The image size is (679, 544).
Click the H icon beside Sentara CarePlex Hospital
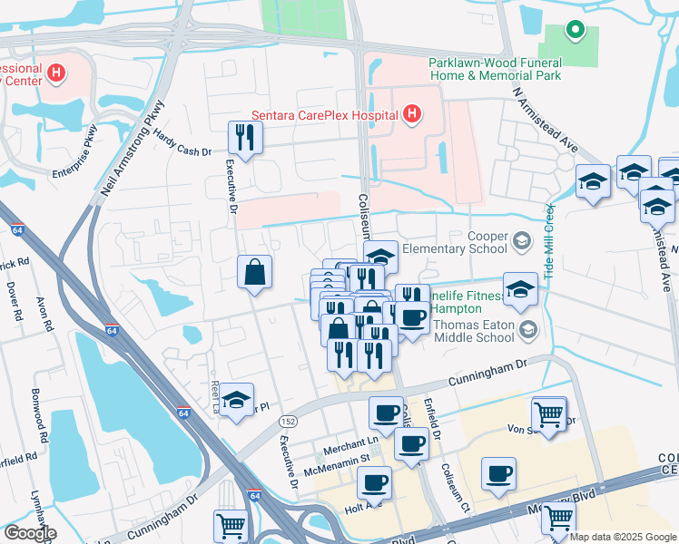click(x=412, y=114)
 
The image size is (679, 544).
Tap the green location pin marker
click(x=575, y=31)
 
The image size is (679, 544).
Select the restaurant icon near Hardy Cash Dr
click(x=245, y=137)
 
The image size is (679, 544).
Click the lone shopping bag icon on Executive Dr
click(x=255, y=271)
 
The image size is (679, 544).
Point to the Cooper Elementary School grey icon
click(x=521, y=240)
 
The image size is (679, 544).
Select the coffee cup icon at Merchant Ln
click(x=386, y=413)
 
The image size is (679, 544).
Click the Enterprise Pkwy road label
click(x=80, y=159)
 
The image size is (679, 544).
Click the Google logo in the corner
click(x=30, y=533)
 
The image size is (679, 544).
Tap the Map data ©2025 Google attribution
click(x=623, y=537)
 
